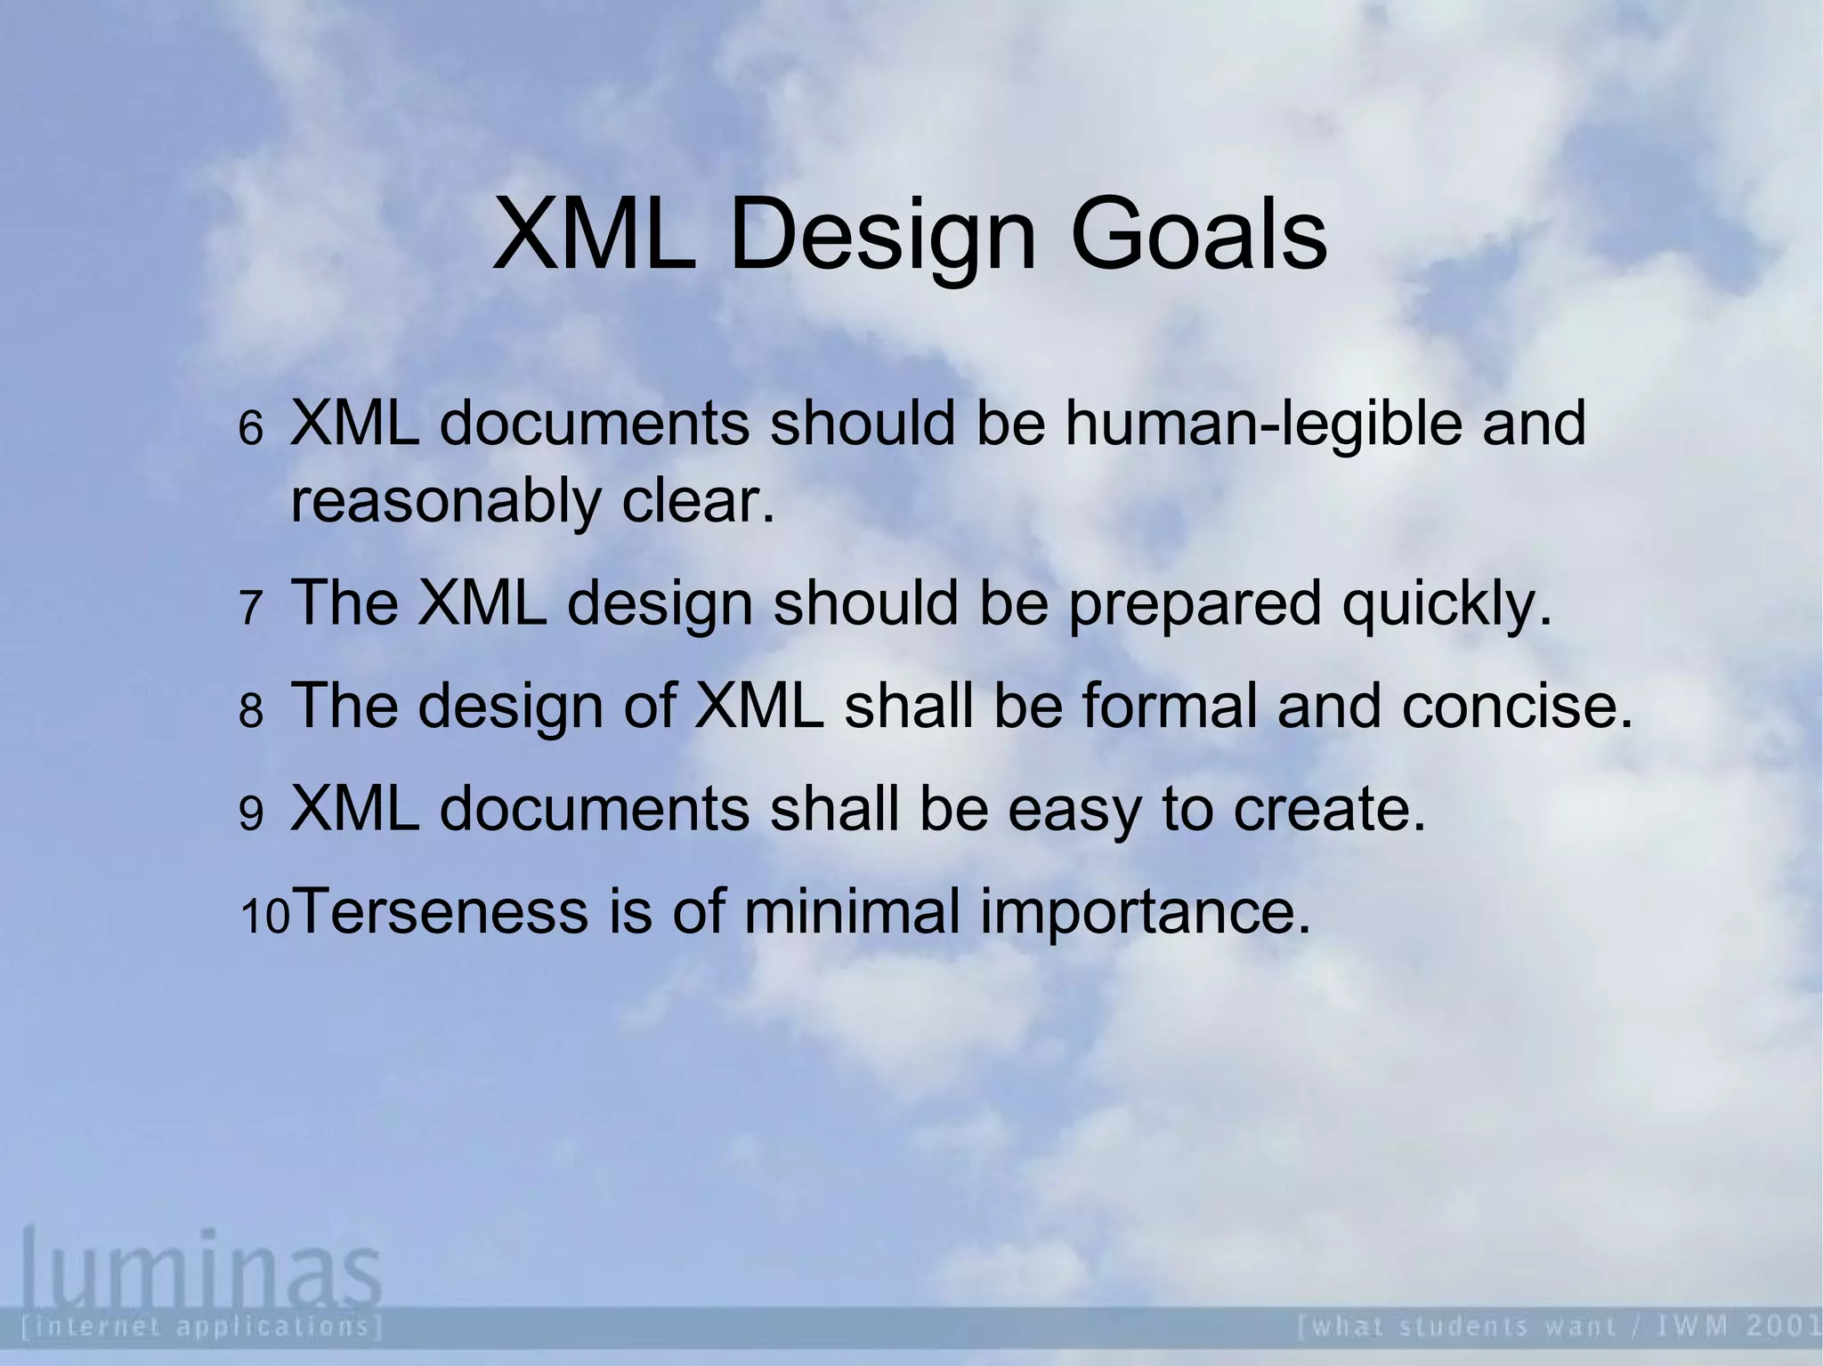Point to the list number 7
coord(250,609)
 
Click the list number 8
coord(251,711)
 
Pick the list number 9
coord(251,813)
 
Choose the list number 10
coord(265,917)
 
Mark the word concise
coord(1517,707)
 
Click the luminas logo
coord(201,1263)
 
